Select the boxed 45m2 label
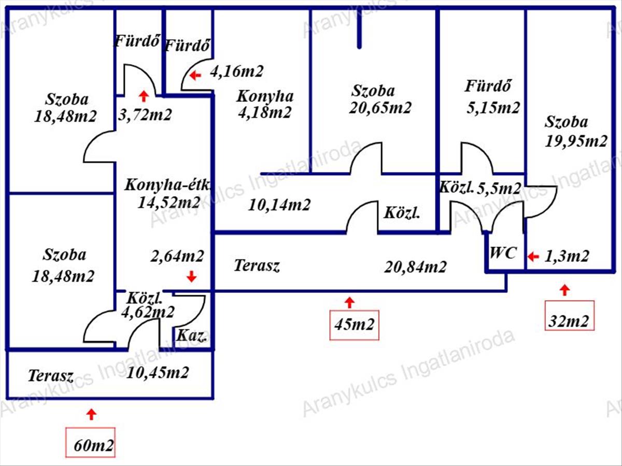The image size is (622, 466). [354, 325]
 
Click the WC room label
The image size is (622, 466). [503, 253]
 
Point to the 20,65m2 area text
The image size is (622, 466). [380, 108]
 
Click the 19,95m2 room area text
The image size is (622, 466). [576, 141]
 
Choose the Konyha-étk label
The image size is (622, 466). [167, 185]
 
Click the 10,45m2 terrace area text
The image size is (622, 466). [158, 373]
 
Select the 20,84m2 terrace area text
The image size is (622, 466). [415, 267]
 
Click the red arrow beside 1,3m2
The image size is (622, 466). [533, 257]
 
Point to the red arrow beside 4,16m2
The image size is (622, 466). [195, 76]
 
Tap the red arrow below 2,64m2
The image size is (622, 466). [192, 276]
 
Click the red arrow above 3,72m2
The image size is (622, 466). [144, 96]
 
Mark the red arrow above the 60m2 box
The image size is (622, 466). [91, 415]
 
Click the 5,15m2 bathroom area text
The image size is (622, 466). [493, 108]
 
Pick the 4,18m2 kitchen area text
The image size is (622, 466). [265, 112]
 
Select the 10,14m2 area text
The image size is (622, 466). [279, 205]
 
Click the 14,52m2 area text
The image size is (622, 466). [169, 203]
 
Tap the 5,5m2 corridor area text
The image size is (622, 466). [499, 188]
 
